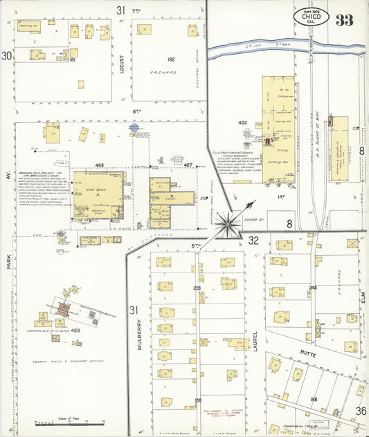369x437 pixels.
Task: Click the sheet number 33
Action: click(344, 19)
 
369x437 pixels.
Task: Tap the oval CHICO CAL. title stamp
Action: click(311, 17)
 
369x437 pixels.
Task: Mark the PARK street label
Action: click(10, 266)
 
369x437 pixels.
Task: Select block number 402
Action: click(243, 122)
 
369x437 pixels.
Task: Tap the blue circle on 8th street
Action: click(134, 127)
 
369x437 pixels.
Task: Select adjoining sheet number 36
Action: click(361, 411)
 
